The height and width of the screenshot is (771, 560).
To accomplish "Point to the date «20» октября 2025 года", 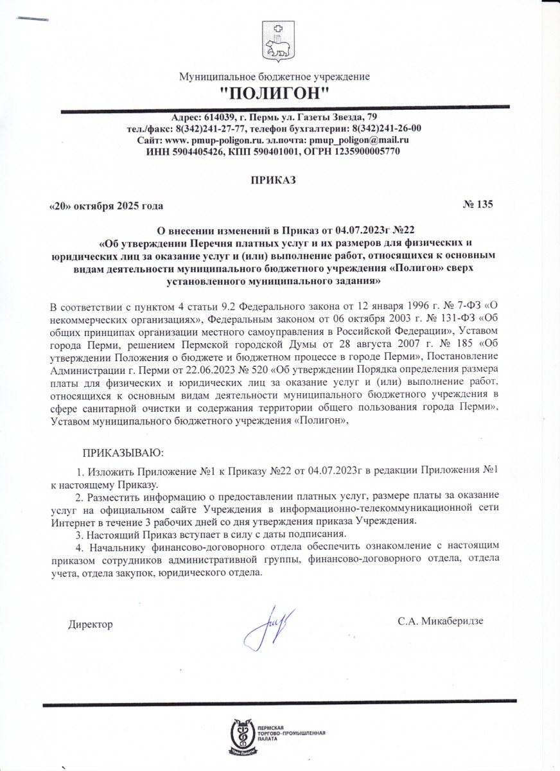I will point(106,206).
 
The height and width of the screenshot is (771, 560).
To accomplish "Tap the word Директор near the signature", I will point(91,624).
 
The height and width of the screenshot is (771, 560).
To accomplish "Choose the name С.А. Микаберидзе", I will point(440,621).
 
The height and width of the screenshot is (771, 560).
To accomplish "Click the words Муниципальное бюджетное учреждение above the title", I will point(275,77).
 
